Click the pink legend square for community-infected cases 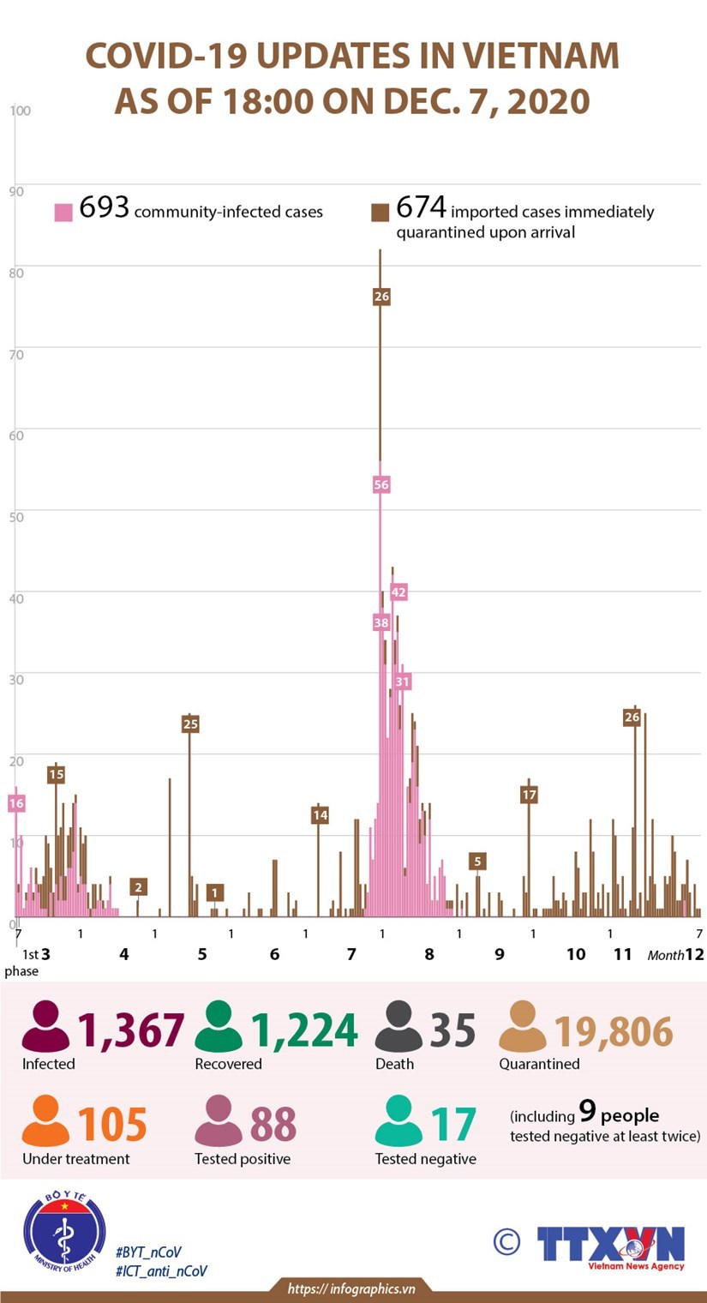coord(63,213)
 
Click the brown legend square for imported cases coord(380,213)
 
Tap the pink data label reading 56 coord(381,485)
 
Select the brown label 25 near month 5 coord(190,724)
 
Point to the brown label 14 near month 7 coord(320,815)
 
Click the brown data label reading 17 coord(529,795)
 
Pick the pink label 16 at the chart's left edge coord(16,803)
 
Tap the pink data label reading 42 coord(398,591)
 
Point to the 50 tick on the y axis coord(17,516)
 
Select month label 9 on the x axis coord(499,954)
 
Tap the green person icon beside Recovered coord(218,1027)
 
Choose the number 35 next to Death coord(452,1030)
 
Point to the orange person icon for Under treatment coord(45,1122)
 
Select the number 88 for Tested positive coord(273,1125)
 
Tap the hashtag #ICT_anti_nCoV coord(161,1271)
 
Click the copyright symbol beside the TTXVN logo coord(506,1240)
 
